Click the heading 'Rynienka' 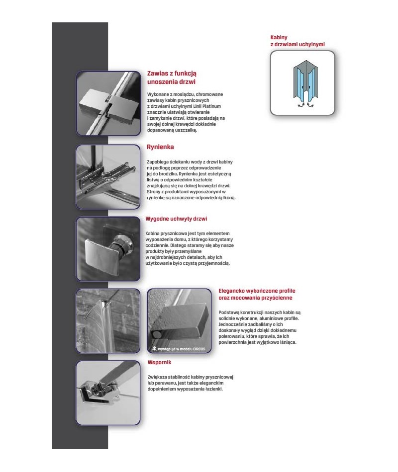point(160,147)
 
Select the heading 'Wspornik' point(160,362)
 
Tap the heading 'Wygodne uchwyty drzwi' point(176,219)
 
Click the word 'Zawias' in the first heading point(158,73)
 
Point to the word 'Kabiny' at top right point(279,37)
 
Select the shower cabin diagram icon point(302,83)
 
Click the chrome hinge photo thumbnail point(108,103)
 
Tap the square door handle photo point(108,248)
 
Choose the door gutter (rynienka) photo point(108,176)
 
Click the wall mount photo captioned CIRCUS point(179,320)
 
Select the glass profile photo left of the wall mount point(108,320)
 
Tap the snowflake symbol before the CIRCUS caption point(154,349)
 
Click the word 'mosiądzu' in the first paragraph point(183,94)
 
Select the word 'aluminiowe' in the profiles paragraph point(268,318)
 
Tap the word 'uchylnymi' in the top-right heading point(312,45)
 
